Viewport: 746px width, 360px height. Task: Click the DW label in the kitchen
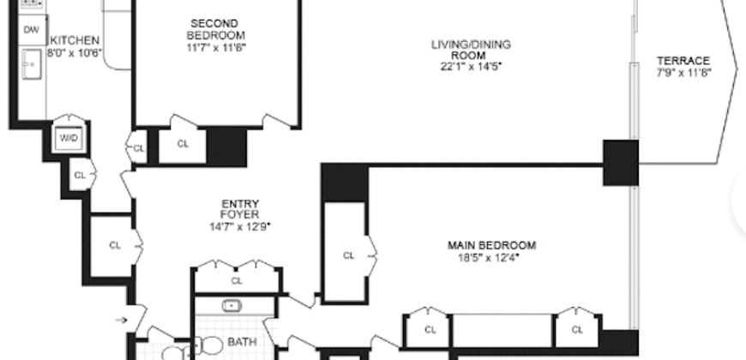(x=31, y=30)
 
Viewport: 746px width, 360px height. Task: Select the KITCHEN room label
(x=75, y=40)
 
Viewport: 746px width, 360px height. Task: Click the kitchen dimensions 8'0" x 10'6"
(x=75, y=52)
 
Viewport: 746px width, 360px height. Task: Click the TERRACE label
(x=683, y=60)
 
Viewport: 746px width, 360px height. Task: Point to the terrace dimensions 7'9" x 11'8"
(x=683, y=73)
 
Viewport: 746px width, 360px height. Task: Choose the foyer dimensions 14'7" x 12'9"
(x=239, y=227)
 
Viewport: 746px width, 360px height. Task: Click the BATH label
(x=236, y=343)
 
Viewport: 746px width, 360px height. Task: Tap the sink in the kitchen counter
(x=32, y=64)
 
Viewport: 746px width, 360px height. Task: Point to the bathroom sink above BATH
(x=231, y=306)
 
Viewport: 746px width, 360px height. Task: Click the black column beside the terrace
(x=620, y=163)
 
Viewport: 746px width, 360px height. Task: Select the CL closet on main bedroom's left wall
(x=348, y=255)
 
